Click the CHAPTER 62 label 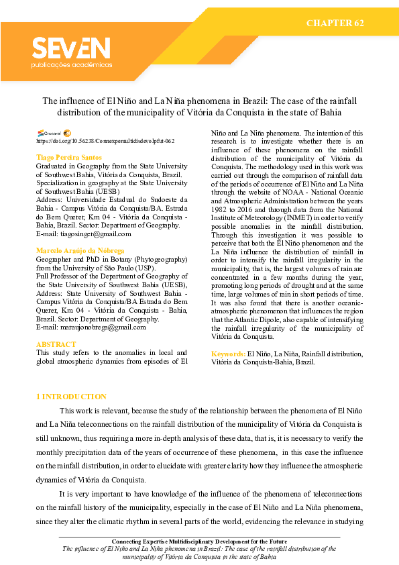[x=335, y=23]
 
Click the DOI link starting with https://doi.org [x=105, y=142]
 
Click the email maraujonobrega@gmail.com [x=91, y=327]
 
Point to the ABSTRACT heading [x=56, y=344]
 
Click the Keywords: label [x=228, y=353]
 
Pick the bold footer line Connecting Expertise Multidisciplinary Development [x=199, y=541]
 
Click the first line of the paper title [x=199, y=101]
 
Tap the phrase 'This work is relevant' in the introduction [x=95, y=410]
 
